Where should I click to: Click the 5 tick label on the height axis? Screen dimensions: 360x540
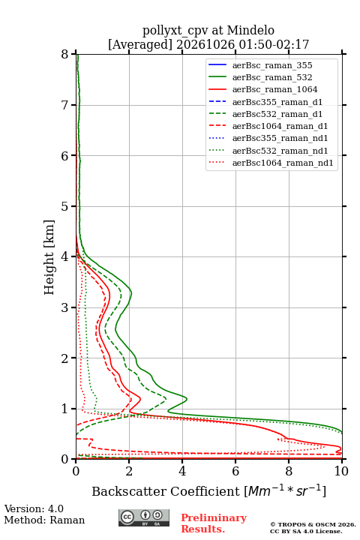click(65, 206)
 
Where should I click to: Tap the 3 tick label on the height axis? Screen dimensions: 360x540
click(65, 307)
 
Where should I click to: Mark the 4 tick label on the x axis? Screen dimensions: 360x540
click(182, 471)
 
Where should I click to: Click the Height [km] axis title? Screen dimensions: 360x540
click(49, 257)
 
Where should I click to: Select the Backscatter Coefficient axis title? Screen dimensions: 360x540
click(208, 490)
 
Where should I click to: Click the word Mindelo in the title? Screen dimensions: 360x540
click(250, 30)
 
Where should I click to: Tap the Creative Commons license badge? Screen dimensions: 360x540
click(144, 517)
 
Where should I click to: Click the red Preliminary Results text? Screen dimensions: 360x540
click(214, 523)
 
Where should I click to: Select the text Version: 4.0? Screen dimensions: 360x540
click(34, 508)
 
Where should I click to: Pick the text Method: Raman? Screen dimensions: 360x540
click(44, 520)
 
